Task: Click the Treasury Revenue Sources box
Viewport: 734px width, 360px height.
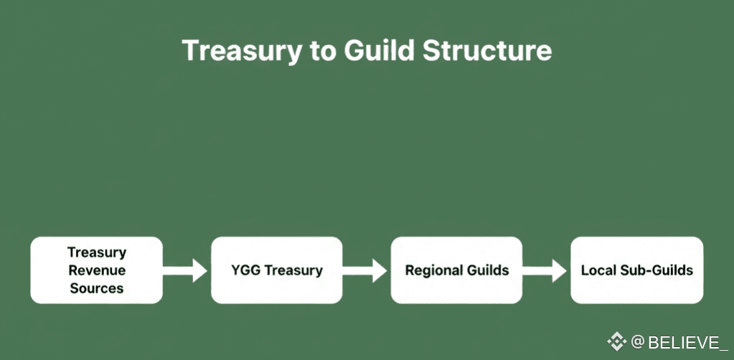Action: (96, 270)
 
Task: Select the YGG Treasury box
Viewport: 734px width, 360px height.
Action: (276, 270)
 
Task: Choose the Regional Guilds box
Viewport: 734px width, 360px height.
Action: (456, 270)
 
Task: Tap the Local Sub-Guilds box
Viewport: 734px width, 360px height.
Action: (636, 270)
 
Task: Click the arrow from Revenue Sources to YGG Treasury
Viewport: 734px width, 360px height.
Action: (187, 270)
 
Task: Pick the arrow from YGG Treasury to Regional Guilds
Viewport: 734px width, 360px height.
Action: (367, 270)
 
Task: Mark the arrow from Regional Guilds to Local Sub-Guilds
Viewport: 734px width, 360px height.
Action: (547, 270)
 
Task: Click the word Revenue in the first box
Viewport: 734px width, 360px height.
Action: (96, 270)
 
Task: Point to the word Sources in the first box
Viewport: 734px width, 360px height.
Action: (96, 288)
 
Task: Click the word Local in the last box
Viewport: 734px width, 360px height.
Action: (598, 270)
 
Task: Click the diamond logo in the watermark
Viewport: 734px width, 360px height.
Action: (617, 342)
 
